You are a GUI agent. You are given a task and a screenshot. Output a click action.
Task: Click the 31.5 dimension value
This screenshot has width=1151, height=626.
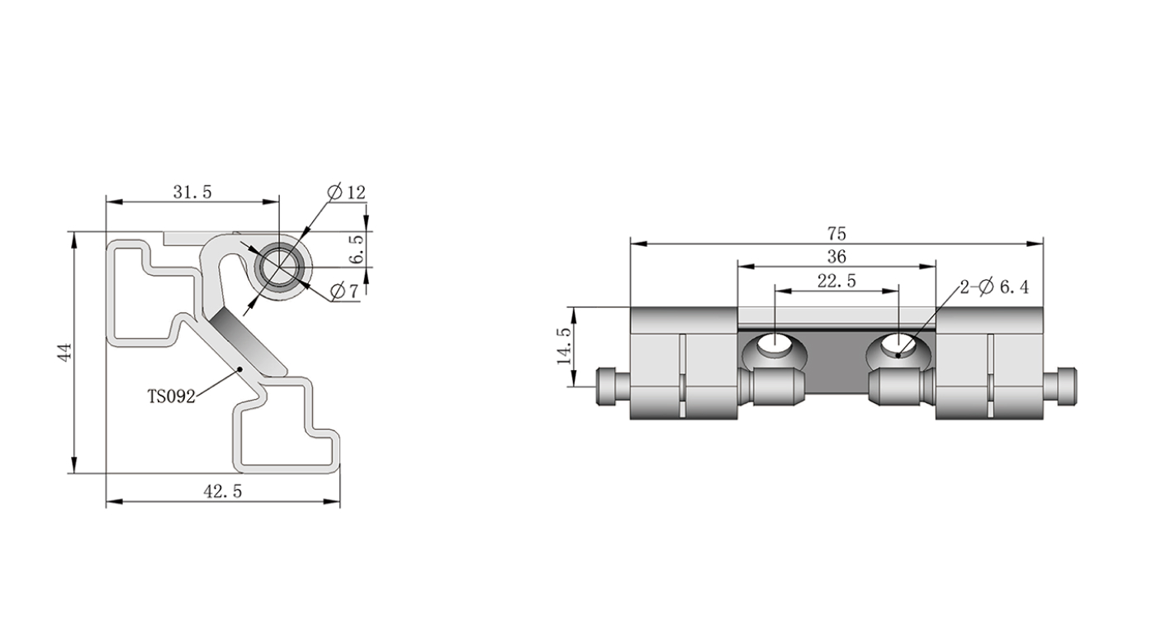pyautogui.click(x=192, y=192)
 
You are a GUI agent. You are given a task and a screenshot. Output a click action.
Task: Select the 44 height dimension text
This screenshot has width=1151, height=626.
pyautogui.click(x=64, y=353)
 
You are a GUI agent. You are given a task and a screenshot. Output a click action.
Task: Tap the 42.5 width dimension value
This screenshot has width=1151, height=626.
pyautogui.click(x=222, y=492)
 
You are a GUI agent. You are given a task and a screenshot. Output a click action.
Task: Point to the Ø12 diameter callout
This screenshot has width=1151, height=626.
pyautogui.click(x=346, y=192)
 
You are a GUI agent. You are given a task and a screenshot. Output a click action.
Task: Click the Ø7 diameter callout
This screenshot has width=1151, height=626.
pyautogui.click(x=344, y=292)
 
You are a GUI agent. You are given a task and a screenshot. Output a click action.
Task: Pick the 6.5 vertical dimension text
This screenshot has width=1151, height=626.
pyautogui.click(x=356, y=249)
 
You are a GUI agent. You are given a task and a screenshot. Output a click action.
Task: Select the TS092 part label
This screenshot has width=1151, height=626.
pyautogui.click(x=171, y=396)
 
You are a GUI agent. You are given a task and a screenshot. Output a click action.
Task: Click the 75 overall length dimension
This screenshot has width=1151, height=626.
pyautogui.click(x=836, y=234)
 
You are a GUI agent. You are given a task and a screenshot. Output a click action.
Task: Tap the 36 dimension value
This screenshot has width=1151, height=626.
pyautogui.click(x=836, y=257)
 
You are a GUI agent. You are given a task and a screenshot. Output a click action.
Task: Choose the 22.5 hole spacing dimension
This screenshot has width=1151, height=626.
pyautogui.click(x=836, y=281)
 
